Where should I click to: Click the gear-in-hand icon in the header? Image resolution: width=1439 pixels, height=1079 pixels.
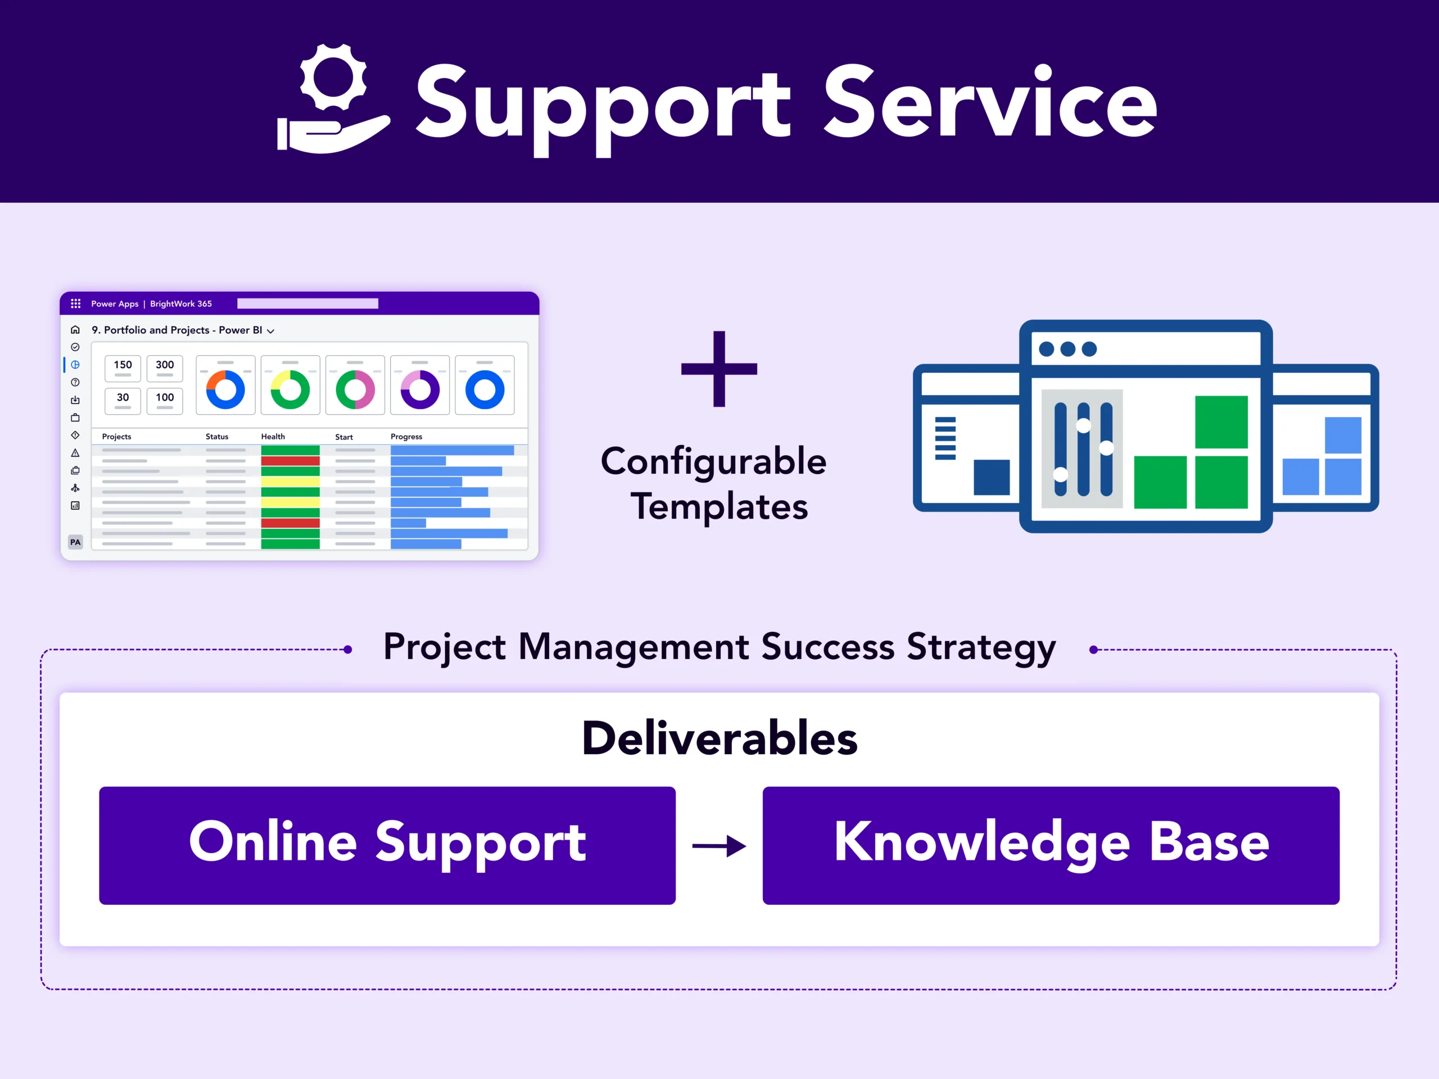pos(333,99)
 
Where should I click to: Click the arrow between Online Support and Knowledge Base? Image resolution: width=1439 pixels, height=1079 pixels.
pos(719,846)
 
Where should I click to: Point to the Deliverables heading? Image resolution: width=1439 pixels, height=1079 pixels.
pos(719,738)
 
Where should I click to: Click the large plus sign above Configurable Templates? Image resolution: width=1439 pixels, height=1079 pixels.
pos(719,369)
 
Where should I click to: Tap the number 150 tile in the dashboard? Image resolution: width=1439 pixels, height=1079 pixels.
pos(123,368)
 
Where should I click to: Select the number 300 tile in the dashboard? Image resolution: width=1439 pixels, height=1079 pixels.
pos(165,368)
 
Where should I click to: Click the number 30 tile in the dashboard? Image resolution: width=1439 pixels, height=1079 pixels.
pos(123,400)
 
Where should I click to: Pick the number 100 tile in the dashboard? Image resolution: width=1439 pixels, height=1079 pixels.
pos(165,400)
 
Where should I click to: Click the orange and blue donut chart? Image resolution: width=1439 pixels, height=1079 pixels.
pos(225,389)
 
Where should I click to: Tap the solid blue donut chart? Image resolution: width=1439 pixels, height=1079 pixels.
pos(485,389)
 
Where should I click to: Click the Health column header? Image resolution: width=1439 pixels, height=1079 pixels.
pos(273,437)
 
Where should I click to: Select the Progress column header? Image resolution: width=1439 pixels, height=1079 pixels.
pos(406,437)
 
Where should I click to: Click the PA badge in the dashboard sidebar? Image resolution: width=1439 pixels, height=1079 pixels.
pos(75,542)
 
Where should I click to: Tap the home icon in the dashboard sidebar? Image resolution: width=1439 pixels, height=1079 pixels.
pos(75,330)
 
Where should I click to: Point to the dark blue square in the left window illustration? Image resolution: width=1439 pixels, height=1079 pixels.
pos(992,477)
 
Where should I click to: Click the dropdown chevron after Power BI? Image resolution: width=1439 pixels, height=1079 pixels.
pos(270,331)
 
